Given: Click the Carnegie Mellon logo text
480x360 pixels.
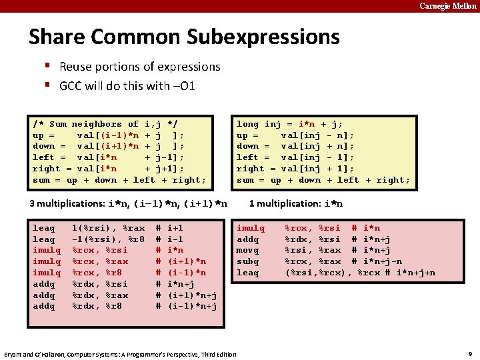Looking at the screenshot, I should [x=447, y=6].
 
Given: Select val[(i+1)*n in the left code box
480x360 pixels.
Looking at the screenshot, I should [x=107, y=147].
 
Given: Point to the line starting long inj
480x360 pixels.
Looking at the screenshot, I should [x=290, y=124].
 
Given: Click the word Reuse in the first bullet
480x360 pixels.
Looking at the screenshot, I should [x=75, y=67].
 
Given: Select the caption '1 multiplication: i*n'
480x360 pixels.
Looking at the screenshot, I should [x=296, y=203].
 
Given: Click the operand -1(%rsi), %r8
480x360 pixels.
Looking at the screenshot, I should [x=107, y=239].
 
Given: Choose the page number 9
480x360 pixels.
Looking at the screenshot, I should [x=469, y=353].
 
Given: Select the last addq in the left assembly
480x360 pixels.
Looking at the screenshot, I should [x=44, y=306].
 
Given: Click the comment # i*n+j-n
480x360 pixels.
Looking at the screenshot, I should [x=379, y=261].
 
